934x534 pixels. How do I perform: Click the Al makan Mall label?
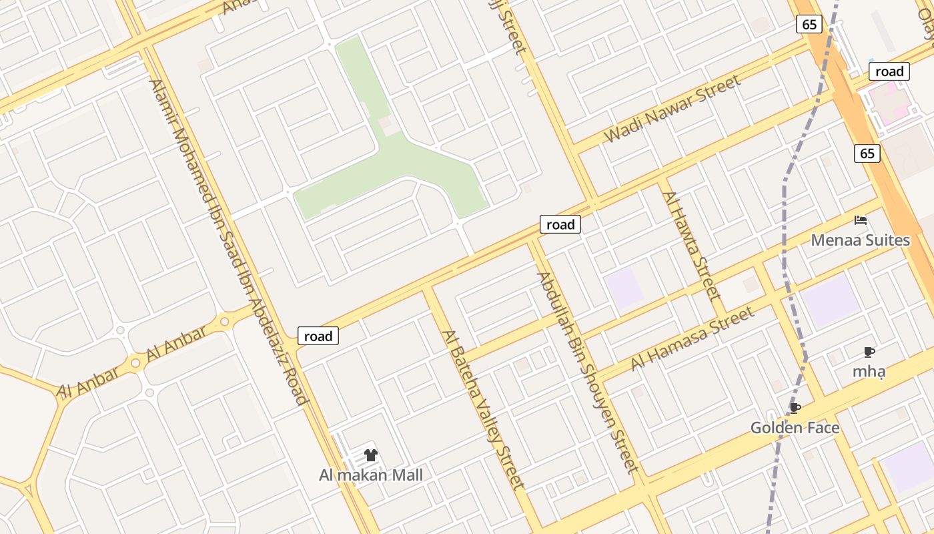click(371, 475)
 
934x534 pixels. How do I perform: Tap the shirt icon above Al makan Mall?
click(371, 455)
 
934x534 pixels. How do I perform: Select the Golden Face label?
click(795, 427)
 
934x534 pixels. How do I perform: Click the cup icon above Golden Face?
click(795, 408)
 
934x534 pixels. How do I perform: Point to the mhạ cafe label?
click(869, 371)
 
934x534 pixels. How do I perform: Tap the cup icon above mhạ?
click(869, 352)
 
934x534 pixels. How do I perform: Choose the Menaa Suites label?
click(860, 240)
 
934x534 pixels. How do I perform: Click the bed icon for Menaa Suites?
click(861, 220)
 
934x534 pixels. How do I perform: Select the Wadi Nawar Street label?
click(672, 108)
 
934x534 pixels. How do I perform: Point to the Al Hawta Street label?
click(692, 245)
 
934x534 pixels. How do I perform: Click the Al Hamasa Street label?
click(692, 337)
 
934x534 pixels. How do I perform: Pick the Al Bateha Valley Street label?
click(482, 409)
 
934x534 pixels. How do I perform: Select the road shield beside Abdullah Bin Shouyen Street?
click(560, 224)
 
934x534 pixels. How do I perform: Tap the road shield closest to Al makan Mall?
click(318, 336)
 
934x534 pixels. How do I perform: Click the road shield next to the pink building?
click(889, 71)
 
